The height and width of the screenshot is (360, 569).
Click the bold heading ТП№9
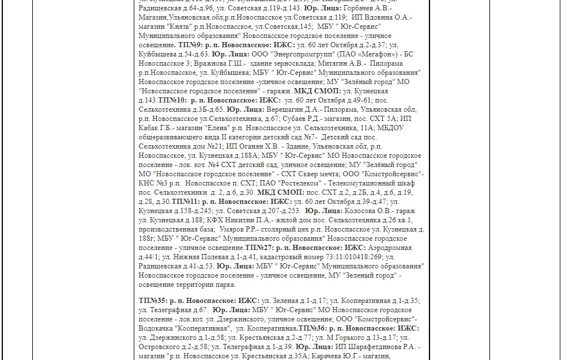click(190, 45)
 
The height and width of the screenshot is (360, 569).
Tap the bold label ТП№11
click(185, 202)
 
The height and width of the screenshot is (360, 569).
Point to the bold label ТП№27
click(258, 248)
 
